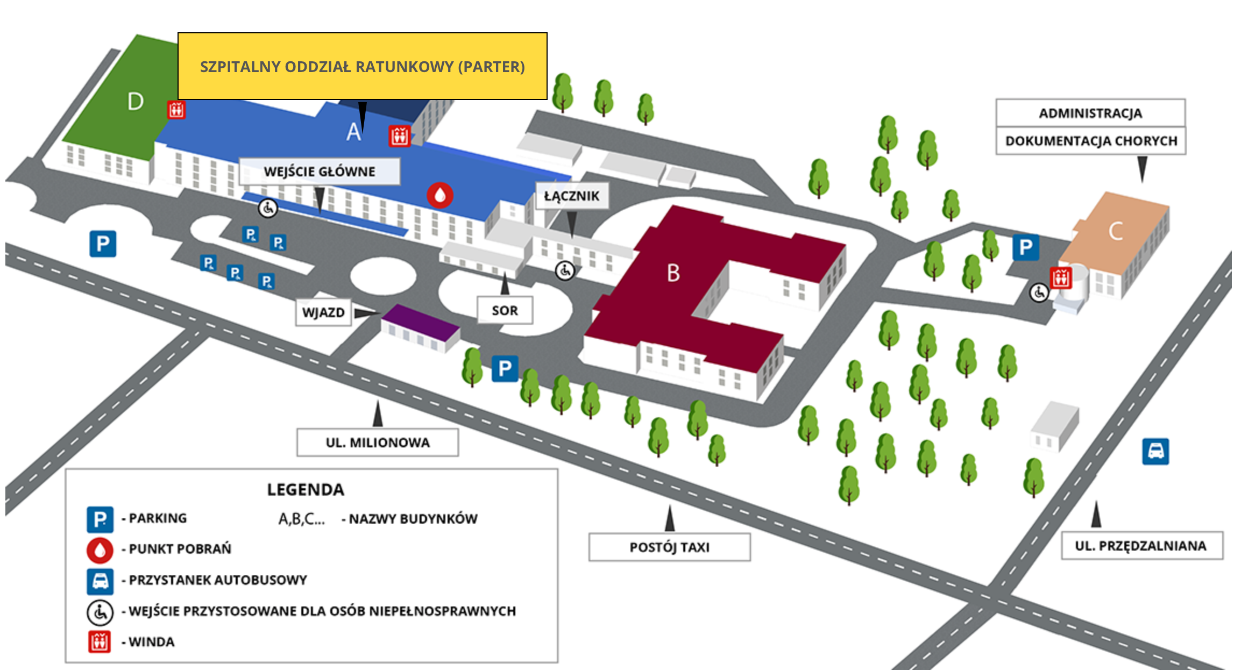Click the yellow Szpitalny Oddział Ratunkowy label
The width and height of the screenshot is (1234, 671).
click(x=363, y=66)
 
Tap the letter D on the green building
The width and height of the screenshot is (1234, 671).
click(x=136, y=101)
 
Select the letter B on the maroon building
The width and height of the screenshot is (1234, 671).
click(x=673, y=273)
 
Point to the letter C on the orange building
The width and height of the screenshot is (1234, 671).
click(x=1116, y=231)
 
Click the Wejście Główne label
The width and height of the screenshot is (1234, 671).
click(x=320, y=172)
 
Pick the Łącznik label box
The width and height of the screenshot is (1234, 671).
click(x=572, y=196)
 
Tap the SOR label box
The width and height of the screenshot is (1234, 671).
click(x=505, y=310)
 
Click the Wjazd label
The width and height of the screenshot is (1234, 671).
click(x=323, y=312)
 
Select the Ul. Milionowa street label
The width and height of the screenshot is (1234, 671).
click(x=378, y=442)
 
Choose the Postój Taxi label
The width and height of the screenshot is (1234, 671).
click(x=670, y=547)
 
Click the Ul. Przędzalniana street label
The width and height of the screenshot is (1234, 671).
click(x=1141, y=546)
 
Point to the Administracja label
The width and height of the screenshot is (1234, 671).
click(x=1090, y=113)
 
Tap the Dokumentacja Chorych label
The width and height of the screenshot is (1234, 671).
click(x=1091, y=141)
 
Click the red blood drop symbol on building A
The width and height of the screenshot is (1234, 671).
click(x=440, y=195)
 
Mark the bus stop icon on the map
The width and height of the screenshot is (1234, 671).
click(x=1155, y=451)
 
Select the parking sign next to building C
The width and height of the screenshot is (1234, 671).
click(x=1026, y=247)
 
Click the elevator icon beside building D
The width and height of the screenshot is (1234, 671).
click(x=176, y=109)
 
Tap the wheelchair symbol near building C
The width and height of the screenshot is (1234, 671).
click(x=1039, y=293)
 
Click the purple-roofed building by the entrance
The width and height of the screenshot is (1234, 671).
click(x=421, y=328)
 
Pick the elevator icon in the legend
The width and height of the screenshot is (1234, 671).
click(x=100, y=641)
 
